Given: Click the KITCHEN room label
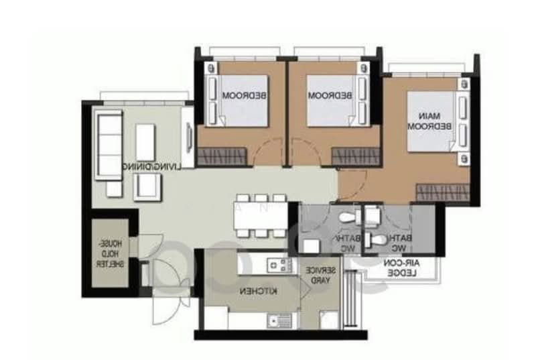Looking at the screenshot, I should [x=249, y=292].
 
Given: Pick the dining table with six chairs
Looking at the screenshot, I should [x=261, y=216].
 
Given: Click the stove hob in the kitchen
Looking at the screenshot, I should [x=277, y=265].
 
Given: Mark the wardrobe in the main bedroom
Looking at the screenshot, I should [x=442, y=192].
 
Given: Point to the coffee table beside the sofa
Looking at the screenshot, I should [x=145, y=140].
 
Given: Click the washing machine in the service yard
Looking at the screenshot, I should [x=328, y=320].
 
